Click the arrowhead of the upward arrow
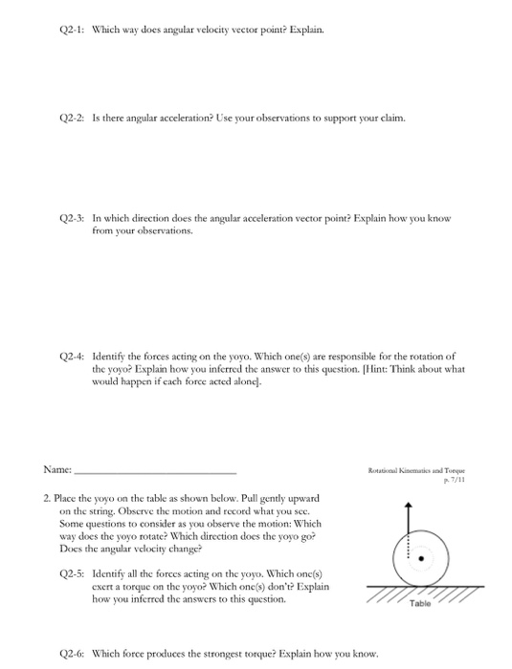(410, 507)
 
